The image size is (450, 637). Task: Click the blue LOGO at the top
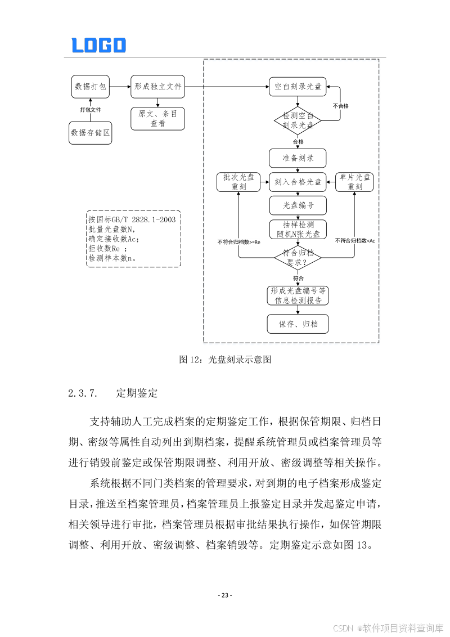point(98,45)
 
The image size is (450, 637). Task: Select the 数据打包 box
point(90,87)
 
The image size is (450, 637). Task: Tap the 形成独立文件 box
point(157,87)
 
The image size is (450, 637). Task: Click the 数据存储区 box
point(90,133)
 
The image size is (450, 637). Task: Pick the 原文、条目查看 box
point(157,118)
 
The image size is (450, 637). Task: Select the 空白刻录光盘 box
point(298,87)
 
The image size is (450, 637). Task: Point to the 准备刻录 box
point(298,158)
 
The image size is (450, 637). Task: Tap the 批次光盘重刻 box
point(238,182)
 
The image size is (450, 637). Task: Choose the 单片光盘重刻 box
point(354,182)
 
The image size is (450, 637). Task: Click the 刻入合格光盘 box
point(298,182)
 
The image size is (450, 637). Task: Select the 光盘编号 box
point(298,205)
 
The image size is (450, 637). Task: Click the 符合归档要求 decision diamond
point(298,258)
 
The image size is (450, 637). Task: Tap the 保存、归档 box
point(298,324)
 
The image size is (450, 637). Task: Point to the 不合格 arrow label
point(341,106)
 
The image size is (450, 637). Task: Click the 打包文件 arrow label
point(90,110)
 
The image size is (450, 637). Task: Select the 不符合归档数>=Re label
point(238,242)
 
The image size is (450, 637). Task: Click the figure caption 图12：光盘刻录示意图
point(225,360)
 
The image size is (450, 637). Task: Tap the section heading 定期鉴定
point(137,393)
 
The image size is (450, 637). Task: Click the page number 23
point(225,595)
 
